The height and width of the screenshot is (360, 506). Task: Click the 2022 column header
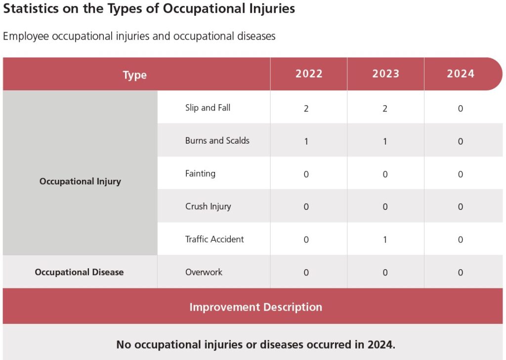coord(309,74)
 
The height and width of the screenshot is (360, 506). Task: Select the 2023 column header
coord(385,74)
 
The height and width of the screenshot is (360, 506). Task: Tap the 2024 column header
coord(461,74)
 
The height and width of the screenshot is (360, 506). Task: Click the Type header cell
coord(135,75)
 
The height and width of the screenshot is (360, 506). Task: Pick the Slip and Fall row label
coord(208,108)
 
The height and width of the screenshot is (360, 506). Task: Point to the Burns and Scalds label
coord(217,141)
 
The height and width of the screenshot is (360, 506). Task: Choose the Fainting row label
coord(200,174)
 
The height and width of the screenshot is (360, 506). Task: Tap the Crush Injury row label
coord(208,206)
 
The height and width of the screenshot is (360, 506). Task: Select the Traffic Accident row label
coord(214,240)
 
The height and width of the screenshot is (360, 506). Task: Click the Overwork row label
coord(204,272)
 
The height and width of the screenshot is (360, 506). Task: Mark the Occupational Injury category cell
coord(80,181)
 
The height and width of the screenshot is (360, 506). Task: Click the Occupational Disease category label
coord(79,272)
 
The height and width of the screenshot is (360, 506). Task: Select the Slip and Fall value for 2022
coord(306,109)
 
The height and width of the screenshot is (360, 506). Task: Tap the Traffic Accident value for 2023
coord(385,240)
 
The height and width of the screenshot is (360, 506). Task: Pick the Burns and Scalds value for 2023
coord(385,142)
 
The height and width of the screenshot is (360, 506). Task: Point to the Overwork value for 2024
coord(460,273)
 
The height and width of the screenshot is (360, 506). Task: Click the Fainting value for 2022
coord(306,174)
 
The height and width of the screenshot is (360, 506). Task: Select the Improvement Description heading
coord(255,307)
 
